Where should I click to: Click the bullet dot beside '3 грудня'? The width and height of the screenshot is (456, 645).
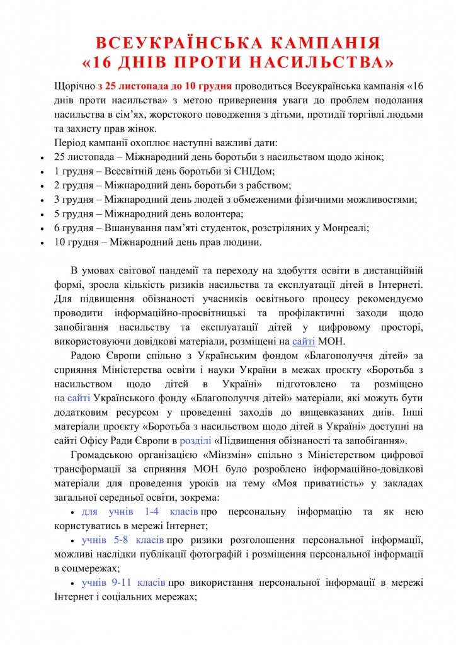tap(42, 200)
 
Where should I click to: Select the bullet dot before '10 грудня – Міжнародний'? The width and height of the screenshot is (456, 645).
tap(42, 243)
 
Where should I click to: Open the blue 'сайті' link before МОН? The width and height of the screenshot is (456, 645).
tap(304, 341)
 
